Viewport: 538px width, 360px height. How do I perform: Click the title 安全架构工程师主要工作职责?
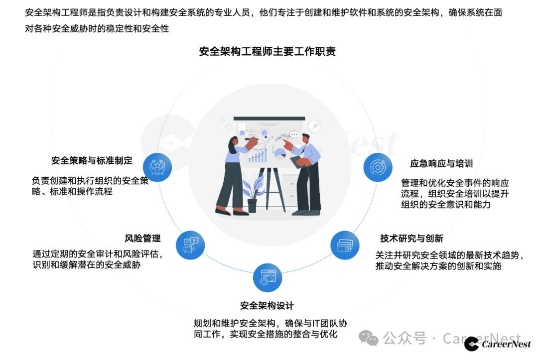pyautogui.click(x=268, y=52)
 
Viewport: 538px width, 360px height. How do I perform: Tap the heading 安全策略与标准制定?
pyautogui.click(x=92, y=160)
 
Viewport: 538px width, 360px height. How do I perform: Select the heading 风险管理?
pyautogui.click(x=142, y=239)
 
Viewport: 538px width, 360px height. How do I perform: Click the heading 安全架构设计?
pyautogui.click(x=267, y=305)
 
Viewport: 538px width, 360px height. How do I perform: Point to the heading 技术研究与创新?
pyautogui.click(x=411, y=239)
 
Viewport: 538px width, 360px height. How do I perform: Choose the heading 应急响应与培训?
pyautogui.click(x=441, y=164)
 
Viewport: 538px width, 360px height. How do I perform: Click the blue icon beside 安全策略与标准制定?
pyautogui.click(x=157, y=167)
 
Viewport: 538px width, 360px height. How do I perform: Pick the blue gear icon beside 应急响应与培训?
pyautogui.click(x=378, y=167)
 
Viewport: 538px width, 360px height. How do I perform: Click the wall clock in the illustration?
pyautogui.click(x=314, y=126)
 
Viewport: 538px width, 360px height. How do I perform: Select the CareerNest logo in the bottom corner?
pyautogui.click(x=498, y=344)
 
